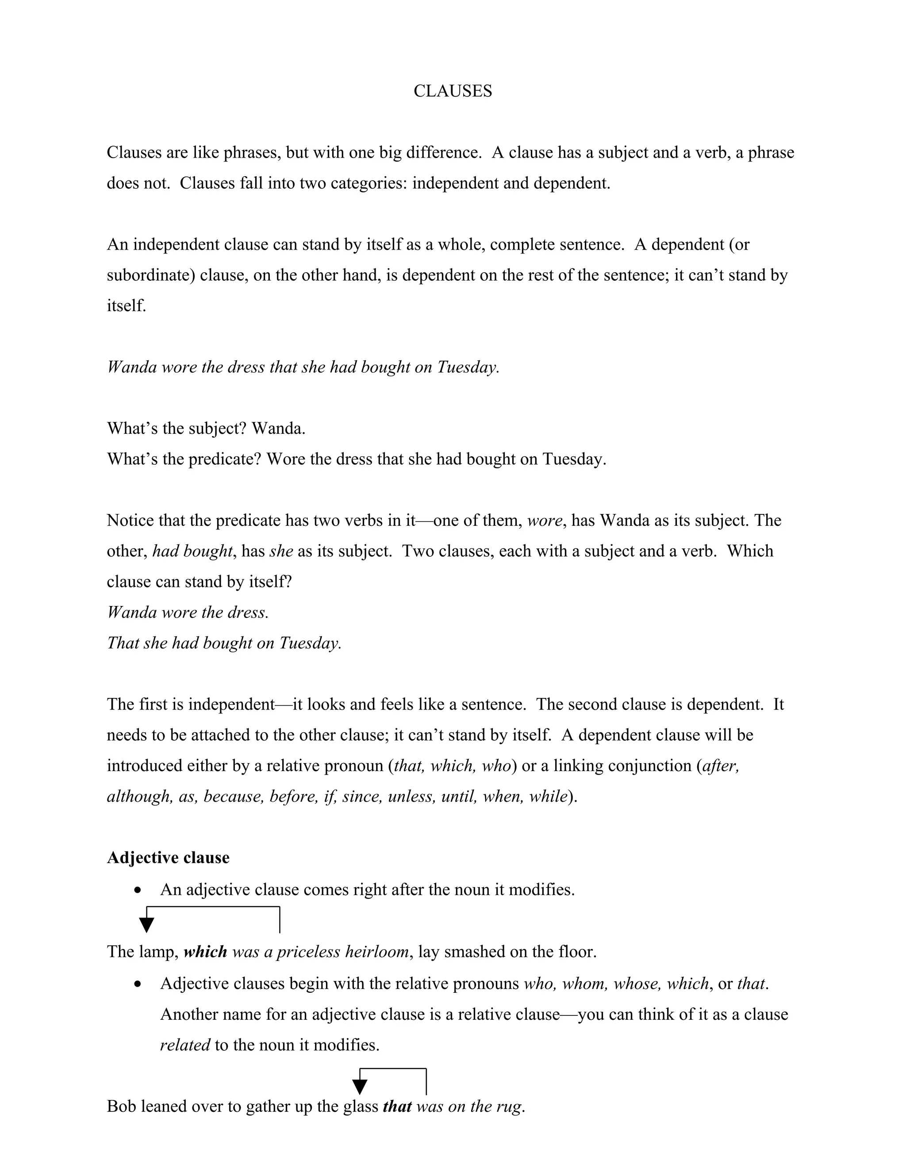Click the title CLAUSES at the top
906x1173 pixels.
pyautogui.click(x=453, y=91)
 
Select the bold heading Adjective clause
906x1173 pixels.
pyautogui.click(x=168, y=858)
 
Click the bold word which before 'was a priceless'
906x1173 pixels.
pyautogui.click(x=205, y=952)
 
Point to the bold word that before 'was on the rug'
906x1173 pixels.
pyautogui.click(x=397, y=1107)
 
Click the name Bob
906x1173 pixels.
pyautogui.click(x=120, y=1107)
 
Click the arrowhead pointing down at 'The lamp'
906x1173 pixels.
pyautogui.click(x=146, y=924)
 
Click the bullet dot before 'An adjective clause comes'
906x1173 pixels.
pyautogui.click(x=138, y=891)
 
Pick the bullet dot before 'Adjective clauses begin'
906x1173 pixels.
pyautogui.click(x=138, y=984)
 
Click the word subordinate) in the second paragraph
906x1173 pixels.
pyautogui.click(x=151, y=275)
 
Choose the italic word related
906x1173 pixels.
pyautogui.click(x=184, y=1045)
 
